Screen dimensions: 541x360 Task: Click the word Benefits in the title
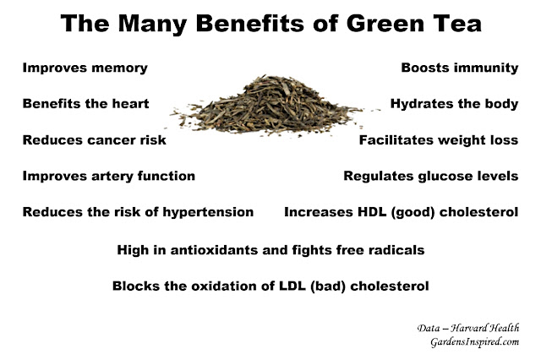pos(251,23)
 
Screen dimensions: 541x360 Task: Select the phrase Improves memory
pos(85,68)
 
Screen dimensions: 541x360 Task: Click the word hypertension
pos(208,212)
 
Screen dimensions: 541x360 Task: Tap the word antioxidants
pos(214,249)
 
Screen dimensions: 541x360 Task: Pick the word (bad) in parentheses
pos(328,286)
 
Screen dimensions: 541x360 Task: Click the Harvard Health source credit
pos(467,328)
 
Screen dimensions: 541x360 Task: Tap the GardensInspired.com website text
pos(475,341)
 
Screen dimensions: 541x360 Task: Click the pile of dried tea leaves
pos(269,105)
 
